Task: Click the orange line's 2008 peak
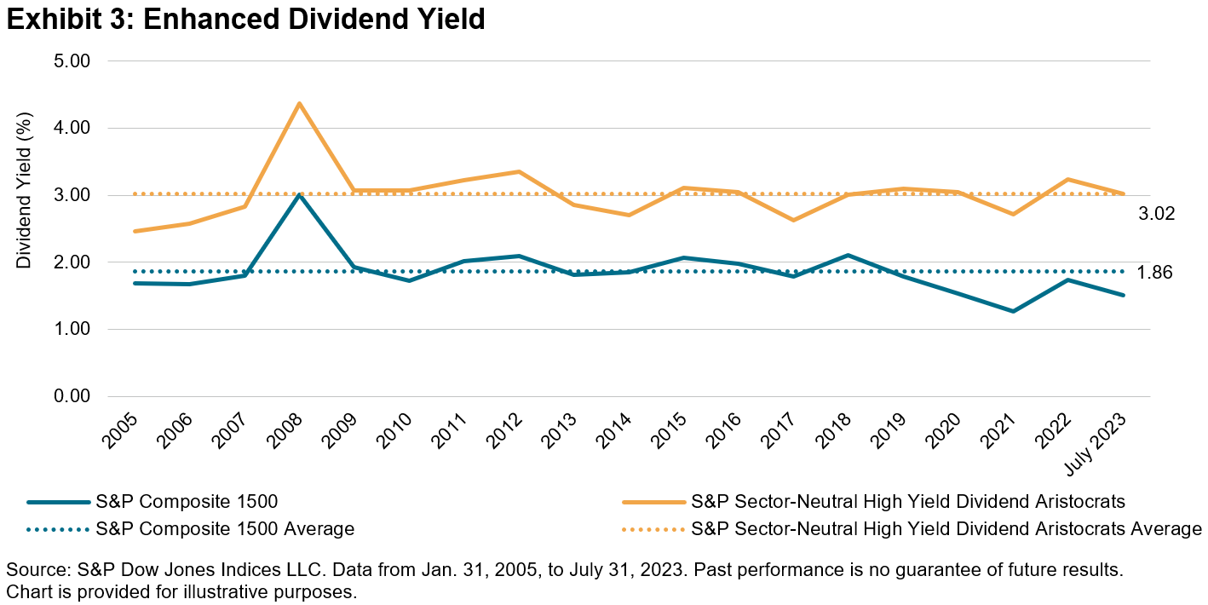(x=299, y=104)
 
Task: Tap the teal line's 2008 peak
(x=299, y=195)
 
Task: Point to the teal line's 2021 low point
(x=1013, y=311)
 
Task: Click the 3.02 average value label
(x=1157, y=214)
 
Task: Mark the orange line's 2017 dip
(x=793, y=220)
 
